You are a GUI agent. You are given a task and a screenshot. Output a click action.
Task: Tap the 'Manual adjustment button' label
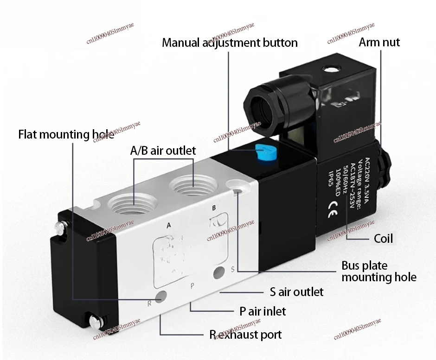tap(230, 43)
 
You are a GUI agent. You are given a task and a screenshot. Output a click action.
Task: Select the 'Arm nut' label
tap(379, 42)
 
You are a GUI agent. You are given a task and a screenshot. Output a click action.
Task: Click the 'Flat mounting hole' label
tap(66, 135)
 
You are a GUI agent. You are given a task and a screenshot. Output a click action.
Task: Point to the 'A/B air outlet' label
tap(162, 150)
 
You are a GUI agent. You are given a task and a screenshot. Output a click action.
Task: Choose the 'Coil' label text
tap(383, 238)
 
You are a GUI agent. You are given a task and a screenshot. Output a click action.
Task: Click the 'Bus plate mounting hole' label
tap(378, 272)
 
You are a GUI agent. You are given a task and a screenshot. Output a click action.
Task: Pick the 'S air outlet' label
tap(296, 292)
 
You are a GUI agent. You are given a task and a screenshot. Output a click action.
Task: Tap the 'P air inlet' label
tap(263, 310)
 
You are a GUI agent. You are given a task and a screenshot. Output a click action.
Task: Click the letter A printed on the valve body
tap(169, 225)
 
